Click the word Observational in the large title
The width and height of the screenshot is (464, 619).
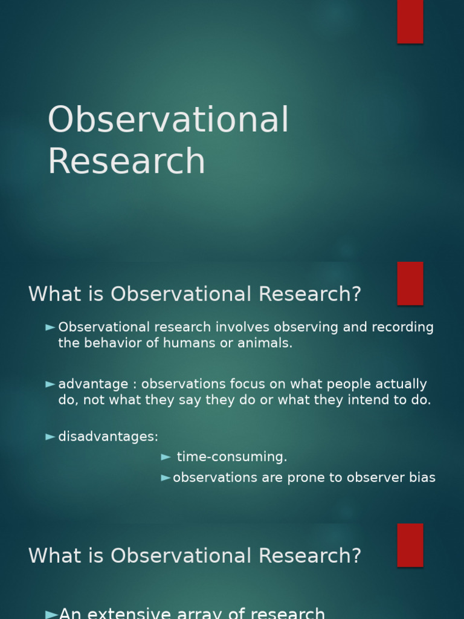168,120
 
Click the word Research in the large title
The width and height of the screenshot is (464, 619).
126,161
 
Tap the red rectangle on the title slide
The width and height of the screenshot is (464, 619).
410,21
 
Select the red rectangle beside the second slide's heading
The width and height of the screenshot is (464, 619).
410,284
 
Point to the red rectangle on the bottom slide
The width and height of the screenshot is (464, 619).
410,545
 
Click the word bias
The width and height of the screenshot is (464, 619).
422,478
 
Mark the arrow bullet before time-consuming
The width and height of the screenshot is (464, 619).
166,457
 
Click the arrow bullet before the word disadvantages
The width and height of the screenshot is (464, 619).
51,436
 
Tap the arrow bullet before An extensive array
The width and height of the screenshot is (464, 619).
51,614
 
